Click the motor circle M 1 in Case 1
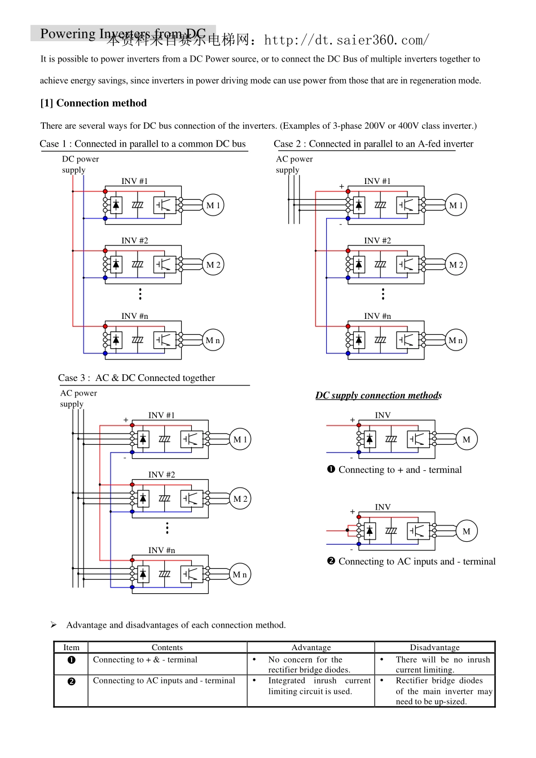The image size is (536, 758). point(213,205)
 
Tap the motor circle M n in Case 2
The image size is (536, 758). point(456,340)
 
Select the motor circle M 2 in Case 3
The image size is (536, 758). point(240,499)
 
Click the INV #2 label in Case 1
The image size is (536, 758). point(135,241)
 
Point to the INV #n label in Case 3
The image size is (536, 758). point(162,550)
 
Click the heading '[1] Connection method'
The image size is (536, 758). point(94,103)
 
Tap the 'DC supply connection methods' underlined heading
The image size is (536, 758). point(379,396)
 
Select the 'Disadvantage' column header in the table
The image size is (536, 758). point(434,647)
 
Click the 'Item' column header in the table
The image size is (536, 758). point(71,647)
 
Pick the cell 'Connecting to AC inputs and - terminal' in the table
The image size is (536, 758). point(164,681)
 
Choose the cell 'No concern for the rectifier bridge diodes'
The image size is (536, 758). point(309,664)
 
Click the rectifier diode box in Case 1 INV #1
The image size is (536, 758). point(116,205)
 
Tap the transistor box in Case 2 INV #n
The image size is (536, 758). point(407,340)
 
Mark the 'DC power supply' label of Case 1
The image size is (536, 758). point(80,164)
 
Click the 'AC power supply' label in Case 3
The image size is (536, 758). point(78,398)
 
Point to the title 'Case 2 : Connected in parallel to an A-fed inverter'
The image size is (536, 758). point(374,144)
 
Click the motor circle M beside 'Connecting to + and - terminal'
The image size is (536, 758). point(467,440)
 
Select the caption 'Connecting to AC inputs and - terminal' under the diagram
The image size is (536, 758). point(416,562)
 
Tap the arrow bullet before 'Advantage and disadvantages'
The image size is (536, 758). point(54,625)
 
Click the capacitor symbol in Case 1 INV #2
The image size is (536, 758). point(138,264)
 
